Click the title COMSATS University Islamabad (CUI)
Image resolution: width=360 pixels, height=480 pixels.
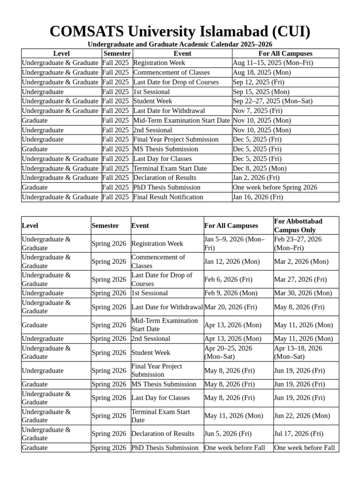[x=180, y=31]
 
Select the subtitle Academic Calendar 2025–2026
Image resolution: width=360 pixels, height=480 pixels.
[x=180, y=45]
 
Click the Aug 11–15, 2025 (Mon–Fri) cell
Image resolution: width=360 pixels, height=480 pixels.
[x=273, y=63]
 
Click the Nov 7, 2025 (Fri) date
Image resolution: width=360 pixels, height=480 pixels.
[x=257, y=111]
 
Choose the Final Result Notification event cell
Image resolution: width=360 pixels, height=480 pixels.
[x=168, y=197]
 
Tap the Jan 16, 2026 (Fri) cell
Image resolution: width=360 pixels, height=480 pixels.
[x=258, y=197]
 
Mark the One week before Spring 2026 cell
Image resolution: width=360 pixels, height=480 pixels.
[x=275, y=187]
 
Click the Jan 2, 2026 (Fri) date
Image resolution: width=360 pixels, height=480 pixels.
[x=256, y=178]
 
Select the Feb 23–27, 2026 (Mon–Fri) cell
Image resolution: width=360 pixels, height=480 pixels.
[x=298, y=243]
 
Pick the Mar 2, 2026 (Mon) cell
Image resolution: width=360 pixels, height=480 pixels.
[x=301, y=262]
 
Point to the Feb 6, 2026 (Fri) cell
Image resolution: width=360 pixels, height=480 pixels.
[x=228, y=279]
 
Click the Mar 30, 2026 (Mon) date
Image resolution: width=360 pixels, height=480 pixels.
[x=303, y=293]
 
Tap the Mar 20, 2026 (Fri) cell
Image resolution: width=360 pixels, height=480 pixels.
[x=231, y=307]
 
